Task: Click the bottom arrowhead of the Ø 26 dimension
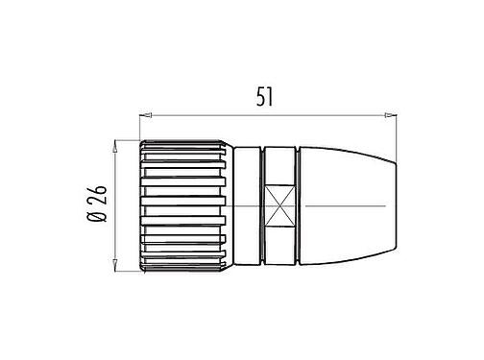click(x=116, y=272)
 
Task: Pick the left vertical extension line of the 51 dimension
click(x=141, y=130)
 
